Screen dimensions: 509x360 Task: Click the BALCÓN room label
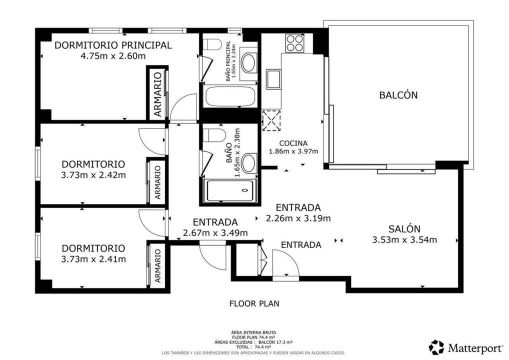pyautogui.click(x=398, y=95)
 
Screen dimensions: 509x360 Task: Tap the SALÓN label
pyautogui.click(x=404, y=229)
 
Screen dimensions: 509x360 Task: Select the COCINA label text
pyautogui.click(x=293, y=143)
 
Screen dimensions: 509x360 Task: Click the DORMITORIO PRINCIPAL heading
pyautogui.click(x=113, y=45)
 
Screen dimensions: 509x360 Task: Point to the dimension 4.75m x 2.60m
pyautogui.click(x=113, y=56)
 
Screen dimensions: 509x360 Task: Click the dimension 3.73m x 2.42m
pyautogui.click(x=93, y=175)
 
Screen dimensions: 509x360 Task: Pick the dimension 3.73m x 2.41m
pyautogui.click(x=93, y=259)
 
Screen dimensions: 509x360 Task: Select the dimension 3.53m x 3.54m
pyautogui.click(x=404, y=240)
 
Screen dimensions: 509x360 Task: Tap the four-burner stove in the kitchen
pyautogui.click(x=295, y=43)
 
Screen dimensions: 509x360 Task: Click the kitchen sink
pyautogui.click(x=273, y=79)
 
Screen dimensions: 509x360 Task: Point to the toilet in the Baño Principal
pyautogui.click(x=212, y=44)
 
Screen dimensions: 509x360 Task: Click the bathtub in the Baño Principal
pyautogui.click(x=230, y=96)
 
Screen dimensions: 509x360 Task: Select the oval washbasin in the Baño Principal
pyautogui.click(x=249, y=62)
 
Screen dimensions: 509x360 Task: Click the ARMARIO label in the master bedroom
pyautogui.click(x=157, y=94)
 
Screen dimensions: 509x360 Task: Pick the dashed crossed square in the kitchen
pyautogui.click(x=271, y=121)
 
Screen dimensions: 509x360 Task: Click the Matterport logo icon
pyautogui.click(x=436, y=347)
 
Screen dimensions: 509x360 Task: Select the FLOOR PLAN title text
pyautogui.click(x=254, y=304)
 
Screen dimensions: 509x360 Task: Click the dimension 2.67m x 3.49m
pyautogui.click(x=215, y=233)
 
